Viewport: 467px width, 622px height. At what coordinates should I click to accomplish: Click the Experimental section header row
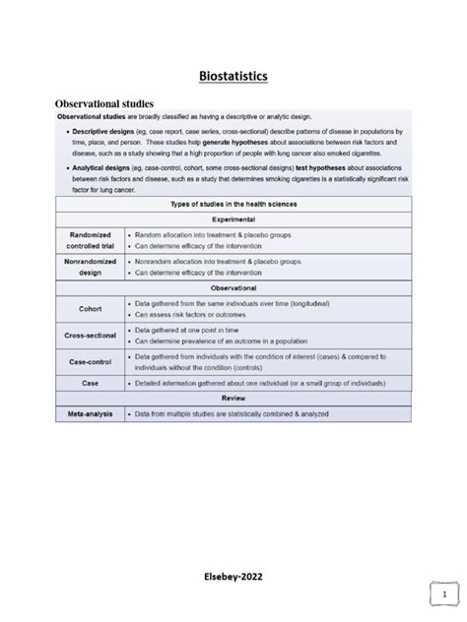pyautogui.click(x=233, y=219)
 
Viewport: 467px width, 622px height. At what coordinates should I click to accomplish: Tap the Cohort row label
pyautogui.click(x=90, y=308)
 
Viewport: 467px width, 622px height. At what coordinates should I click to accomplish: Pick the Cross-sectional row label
pyautogui.click(x=90, y=335)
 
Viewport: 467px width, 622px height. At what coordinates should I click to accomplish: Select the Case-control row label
pyautogui.click(x=90, y=361)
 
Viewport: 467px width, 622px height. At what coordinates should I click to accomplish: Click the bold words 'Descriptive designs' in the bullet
pyautogui.click(x=105, y=131)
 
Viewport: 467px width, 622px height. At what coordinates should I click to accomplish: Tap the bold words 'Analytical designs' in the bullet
pyautogui.click(x=103, y=168)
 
